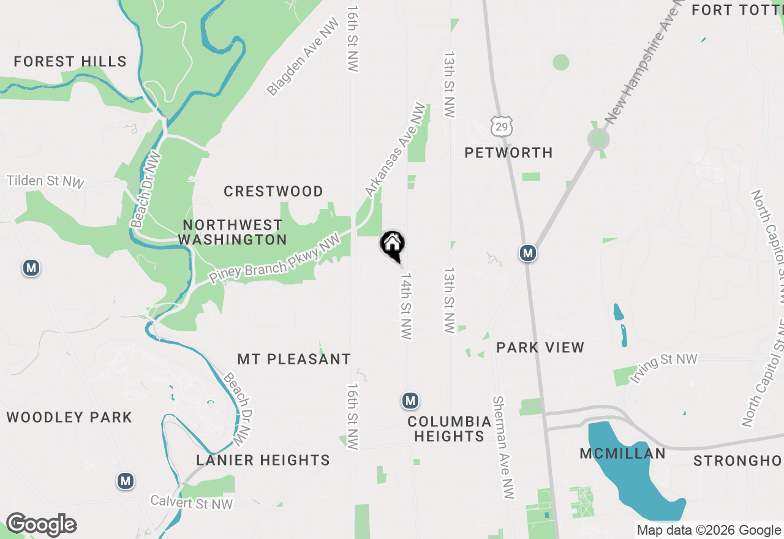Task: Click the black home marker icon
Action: pos(393,245)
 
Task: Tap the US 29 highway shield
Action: pos(501,126)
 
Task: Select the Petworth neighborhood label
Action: pos(508,153)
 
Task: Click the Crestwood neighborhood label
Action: pos(273,192)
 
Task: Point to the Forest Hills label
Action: pos(70,62)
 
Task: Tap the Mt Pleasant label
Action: pos(294,359)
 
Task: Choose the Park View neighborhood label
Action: pos(540,347)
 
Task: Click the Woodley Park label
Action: pos(69,418)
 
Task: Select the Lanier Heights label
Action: pos(263,460)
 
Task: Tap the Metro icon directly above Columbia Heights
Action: pos(410,401)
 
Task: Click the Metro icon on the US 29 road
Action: pos(527,252)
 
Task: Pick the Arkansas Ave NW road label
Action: pos(394,150)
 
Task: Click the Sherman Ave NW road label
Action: pos(503,447)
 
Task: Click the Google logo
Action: pos(41,525)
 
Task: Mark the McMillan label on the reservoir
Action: pos(622,454)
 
